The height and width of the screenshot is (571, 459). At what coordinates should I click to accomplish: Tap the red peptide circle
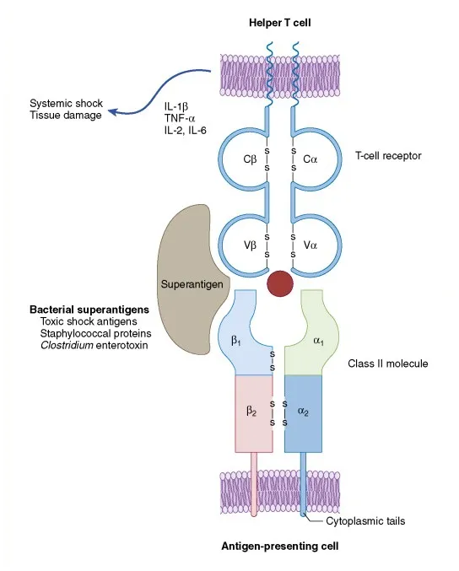[x=281, y=283]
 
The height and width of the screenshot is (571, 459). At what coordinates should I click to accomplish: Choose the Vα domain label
[x=309, y=245]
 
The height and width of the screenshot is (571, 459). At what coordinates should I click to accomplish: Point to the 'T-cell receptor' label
[x=386, y=157]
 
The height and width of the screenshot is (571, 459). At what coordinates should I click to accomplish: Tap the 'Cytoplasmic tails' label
[x=365, y=521]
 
